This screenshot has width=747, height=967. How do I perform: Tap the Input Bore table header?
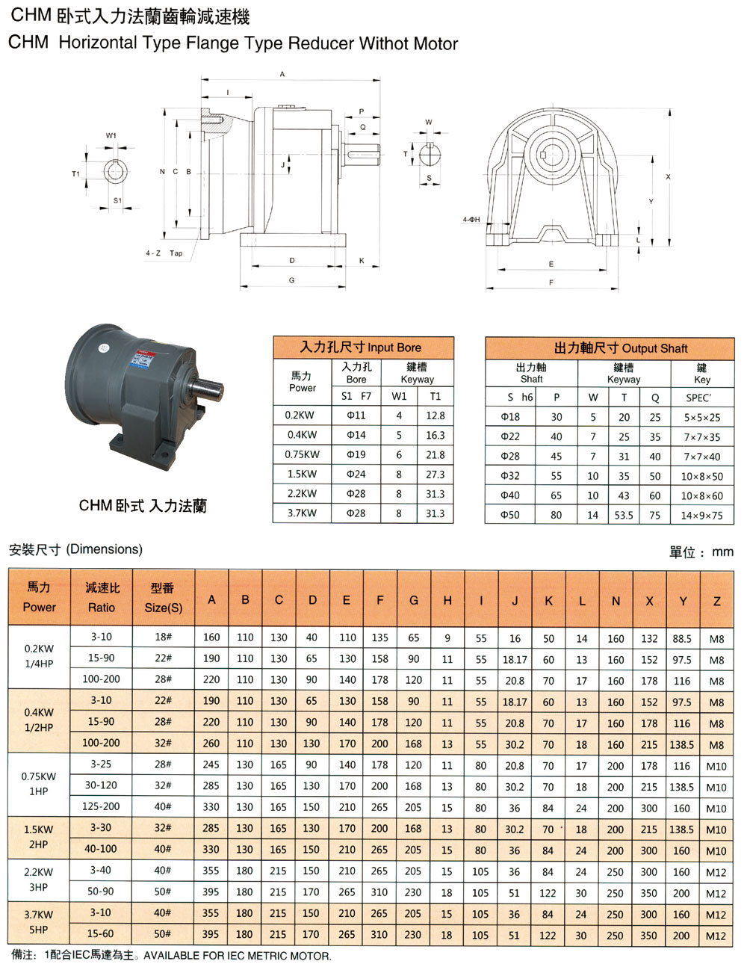click(362, 347)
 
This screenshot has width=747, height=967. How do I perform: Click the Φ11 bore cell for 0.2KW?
click(356, 415)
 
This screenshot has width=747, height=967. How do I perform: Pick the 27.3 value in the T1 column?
click(435, 475)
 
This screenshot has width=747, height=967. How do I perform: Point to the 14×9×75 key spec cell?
click(701, 515)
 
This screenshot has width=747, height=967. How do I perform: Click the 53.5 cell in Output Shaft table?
click(624, 515)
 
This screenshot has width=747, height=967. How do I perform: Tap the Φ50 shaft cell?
click(510, 515)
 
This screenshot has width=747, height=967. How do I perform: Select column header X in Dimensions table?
click(649, 601)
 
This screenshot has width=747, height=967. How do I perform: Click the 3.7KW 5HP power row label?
click(38, 922)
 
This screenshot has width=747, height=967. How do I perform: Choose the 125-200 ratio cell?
click(101, 806)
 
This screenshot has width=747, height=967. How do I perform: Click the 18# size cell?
click(163, 637)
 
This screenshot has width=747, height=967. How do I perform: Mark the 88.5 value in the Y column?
click(681, 639)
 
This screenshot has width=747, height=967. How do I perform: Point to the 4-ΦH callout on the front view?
click(471, 220)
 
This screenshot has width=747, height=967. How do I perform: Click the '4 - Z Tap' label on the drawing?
click(164, 253)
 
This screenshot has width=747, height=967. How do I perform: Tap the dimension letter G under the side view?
click(291, 280)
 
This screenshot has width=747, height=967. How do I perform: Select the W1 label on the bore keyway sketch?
click(111, 136)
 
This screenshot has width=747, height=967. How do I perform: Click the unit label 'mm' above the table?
click(722, 552)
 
